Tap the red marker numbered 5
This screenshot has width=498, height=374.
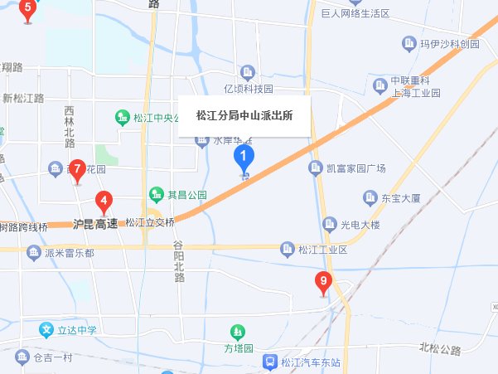(27, 11)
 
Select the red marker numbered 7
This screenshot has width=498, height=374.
(77, 170)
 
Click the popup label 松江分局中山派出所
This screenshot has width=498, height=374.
(244, 116)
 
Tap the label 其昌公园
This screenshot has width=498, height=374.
(186, 195)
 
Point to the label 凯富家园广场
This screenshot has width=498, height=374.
(356, 169)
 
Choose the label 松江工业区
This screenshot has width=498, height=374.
(322, 249)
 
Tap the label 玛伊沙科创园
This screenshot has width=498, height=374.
(450, 43)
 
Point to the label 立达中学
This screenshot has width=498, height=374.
(76, 330)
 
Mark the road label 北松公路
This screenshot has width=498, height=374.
(440, 348)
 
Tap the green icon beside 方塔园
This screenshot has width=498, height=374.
(239, 333)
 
